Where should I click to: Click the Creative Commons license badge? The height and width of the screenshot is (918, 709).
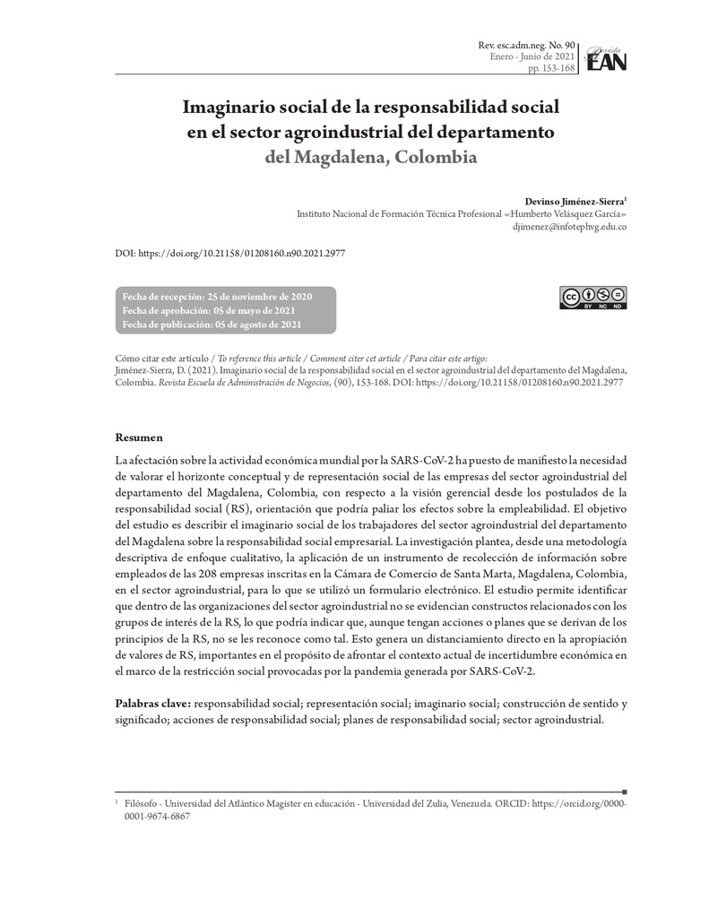pyautogui.click(x=593, y=299)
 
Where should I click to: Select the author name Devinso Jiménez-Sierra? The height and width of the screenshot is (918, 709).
pyautogui.click(x=574, y=202)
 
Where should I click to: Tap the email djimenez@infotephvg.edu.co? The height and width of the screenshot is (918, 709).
pyautogui.click(x=567, y=228)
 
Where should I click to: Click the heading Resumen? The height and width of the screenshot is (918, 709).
pyautogui.click(x=139, y=437)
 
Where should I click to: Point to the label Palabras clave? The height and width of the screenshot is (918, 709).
pyautogui.click(x=152, y=704)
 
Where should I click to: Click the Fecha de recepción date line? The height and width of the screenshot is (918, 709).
pyautogui.click(x=217, y=297)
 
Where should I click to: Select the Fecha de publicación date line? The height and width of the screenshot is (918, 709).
pyautogui.click(x=212, y=325)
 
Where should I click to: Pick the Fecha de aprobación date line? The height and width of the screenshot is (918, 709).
pyautogui.click(x=209, y=310)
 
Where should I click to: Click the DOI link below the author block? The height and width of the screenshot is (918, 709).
pyautogui.click(x=230, y=254)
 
